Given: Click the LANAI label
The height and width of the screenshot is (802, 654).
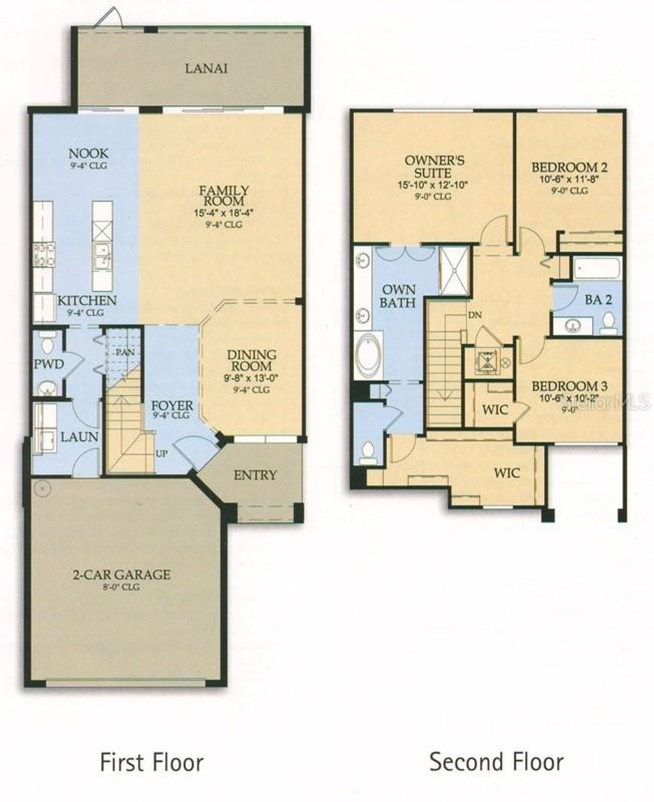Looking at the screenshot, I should tap(206, 68).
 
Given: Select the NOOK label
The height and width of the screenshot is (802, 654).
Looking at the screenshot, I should tap(89, 153).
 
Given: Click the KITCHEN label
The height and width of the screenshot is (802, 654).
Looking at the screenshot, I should tap(87, 300).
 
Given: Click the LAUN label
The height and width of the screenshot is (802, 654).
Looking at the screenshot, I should tap(79, 437).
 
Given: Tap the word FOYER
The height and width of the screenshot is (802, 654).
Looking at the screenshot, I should tap(171, 406).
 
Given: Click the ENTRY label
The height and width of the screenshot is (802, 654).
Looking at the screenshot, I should tap(255, 475).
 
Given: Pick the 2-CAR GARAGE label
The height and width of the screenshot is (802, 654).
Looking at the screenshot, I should tap(121, 574).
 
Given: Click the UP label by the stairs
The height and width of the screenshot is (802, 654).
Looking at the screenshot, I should tap(162, 453).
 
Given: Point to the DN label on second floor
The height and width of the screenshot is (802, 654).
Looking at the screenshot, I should tap(475, 315).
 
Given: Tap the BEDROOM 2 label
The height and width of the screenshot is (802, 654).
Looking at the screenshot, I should tap(569, 167).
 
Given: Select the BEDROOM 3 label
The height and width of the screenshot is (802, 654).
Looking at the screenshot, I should tap(569, 386).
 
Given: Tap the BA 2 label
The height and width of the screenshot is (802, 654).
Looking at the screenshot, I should tap(598, 300).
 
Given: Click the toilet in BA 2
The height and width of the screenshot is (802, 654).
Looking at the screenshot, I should tap(607, 323).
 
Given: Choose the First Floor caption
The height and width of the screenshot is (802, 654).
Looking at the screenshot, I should tap(151, 762).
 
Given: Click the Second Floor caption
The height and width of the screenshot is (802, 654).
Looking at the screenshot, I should tap(496, 762).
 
